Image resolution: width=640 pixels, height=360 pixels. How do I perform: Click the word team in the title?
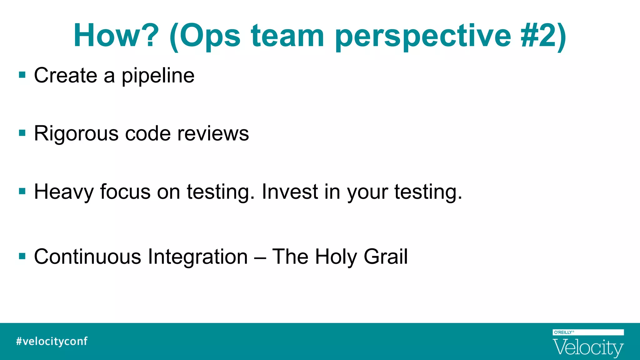pos(287,36)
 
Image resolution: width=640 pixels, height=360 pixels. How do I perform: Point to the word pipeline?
pos(158,76)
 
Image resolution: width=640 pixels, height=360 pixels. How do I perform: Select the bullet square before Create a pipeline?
pos(22,75)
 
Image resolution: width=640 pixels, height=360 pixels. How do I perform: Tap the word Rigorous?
pos(76,134)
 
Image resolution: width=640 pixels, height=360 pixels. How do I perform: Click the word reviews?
pos(213,133)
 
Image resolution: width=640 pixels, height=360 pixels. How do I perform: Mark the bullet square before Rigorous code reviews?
pos(22,133)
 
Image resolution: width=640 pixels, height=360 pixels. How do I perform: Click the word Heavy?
pos(64,192)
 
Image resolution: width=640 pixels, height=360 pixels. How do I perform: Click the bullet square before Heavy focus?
pos(22,191)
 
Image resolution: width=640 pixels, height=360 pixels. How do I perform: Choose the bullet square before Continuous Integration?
pos(22,256)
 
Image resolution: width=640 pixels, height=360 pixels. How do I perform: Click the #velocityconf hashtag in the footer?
pos(52,341)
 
